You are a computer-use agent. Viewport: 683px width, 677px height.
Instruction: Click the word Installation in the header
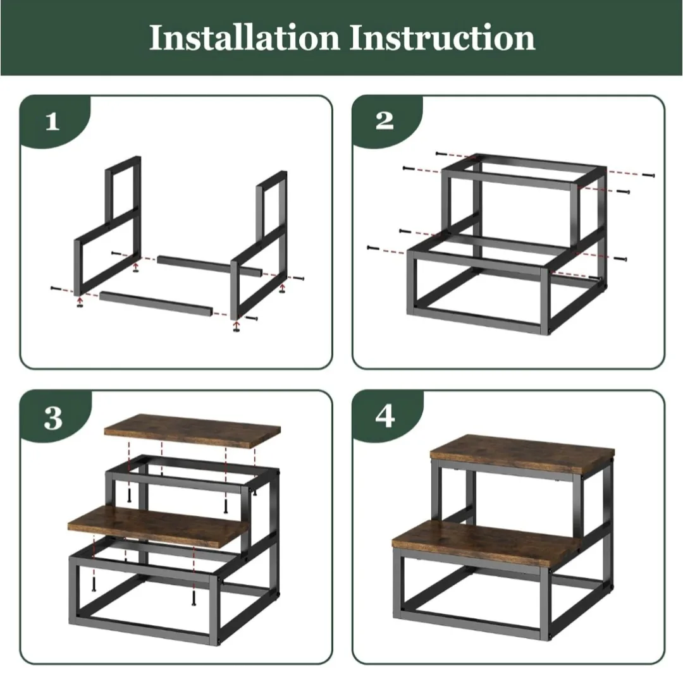point(245,38)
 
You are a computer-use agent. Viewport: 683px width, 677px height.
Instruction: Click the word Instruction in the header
point(442,38)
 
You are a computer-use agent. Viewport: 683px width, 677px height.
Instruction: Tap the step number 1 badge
point(52,121)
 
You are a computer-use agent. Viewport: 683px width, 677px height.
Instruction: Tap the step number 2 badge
point(385,121)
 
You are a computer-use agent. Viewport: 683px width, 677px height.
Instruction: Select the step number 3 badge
point(53,418)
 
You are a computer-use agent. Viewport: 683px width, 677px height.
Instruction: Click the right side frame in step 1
point(259,253)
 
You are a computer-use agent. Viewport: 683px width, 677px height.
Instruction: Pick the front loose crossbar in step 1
point(155,303)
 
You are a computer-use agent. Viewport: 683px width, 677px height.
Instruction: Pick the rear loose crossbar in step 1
point(209,265)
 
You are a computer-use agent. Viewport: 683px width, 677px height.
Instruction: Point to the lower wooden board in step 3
point(158,525)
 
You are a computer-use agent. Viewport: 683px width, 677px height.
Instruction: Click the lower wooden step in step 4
point(481,544)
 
